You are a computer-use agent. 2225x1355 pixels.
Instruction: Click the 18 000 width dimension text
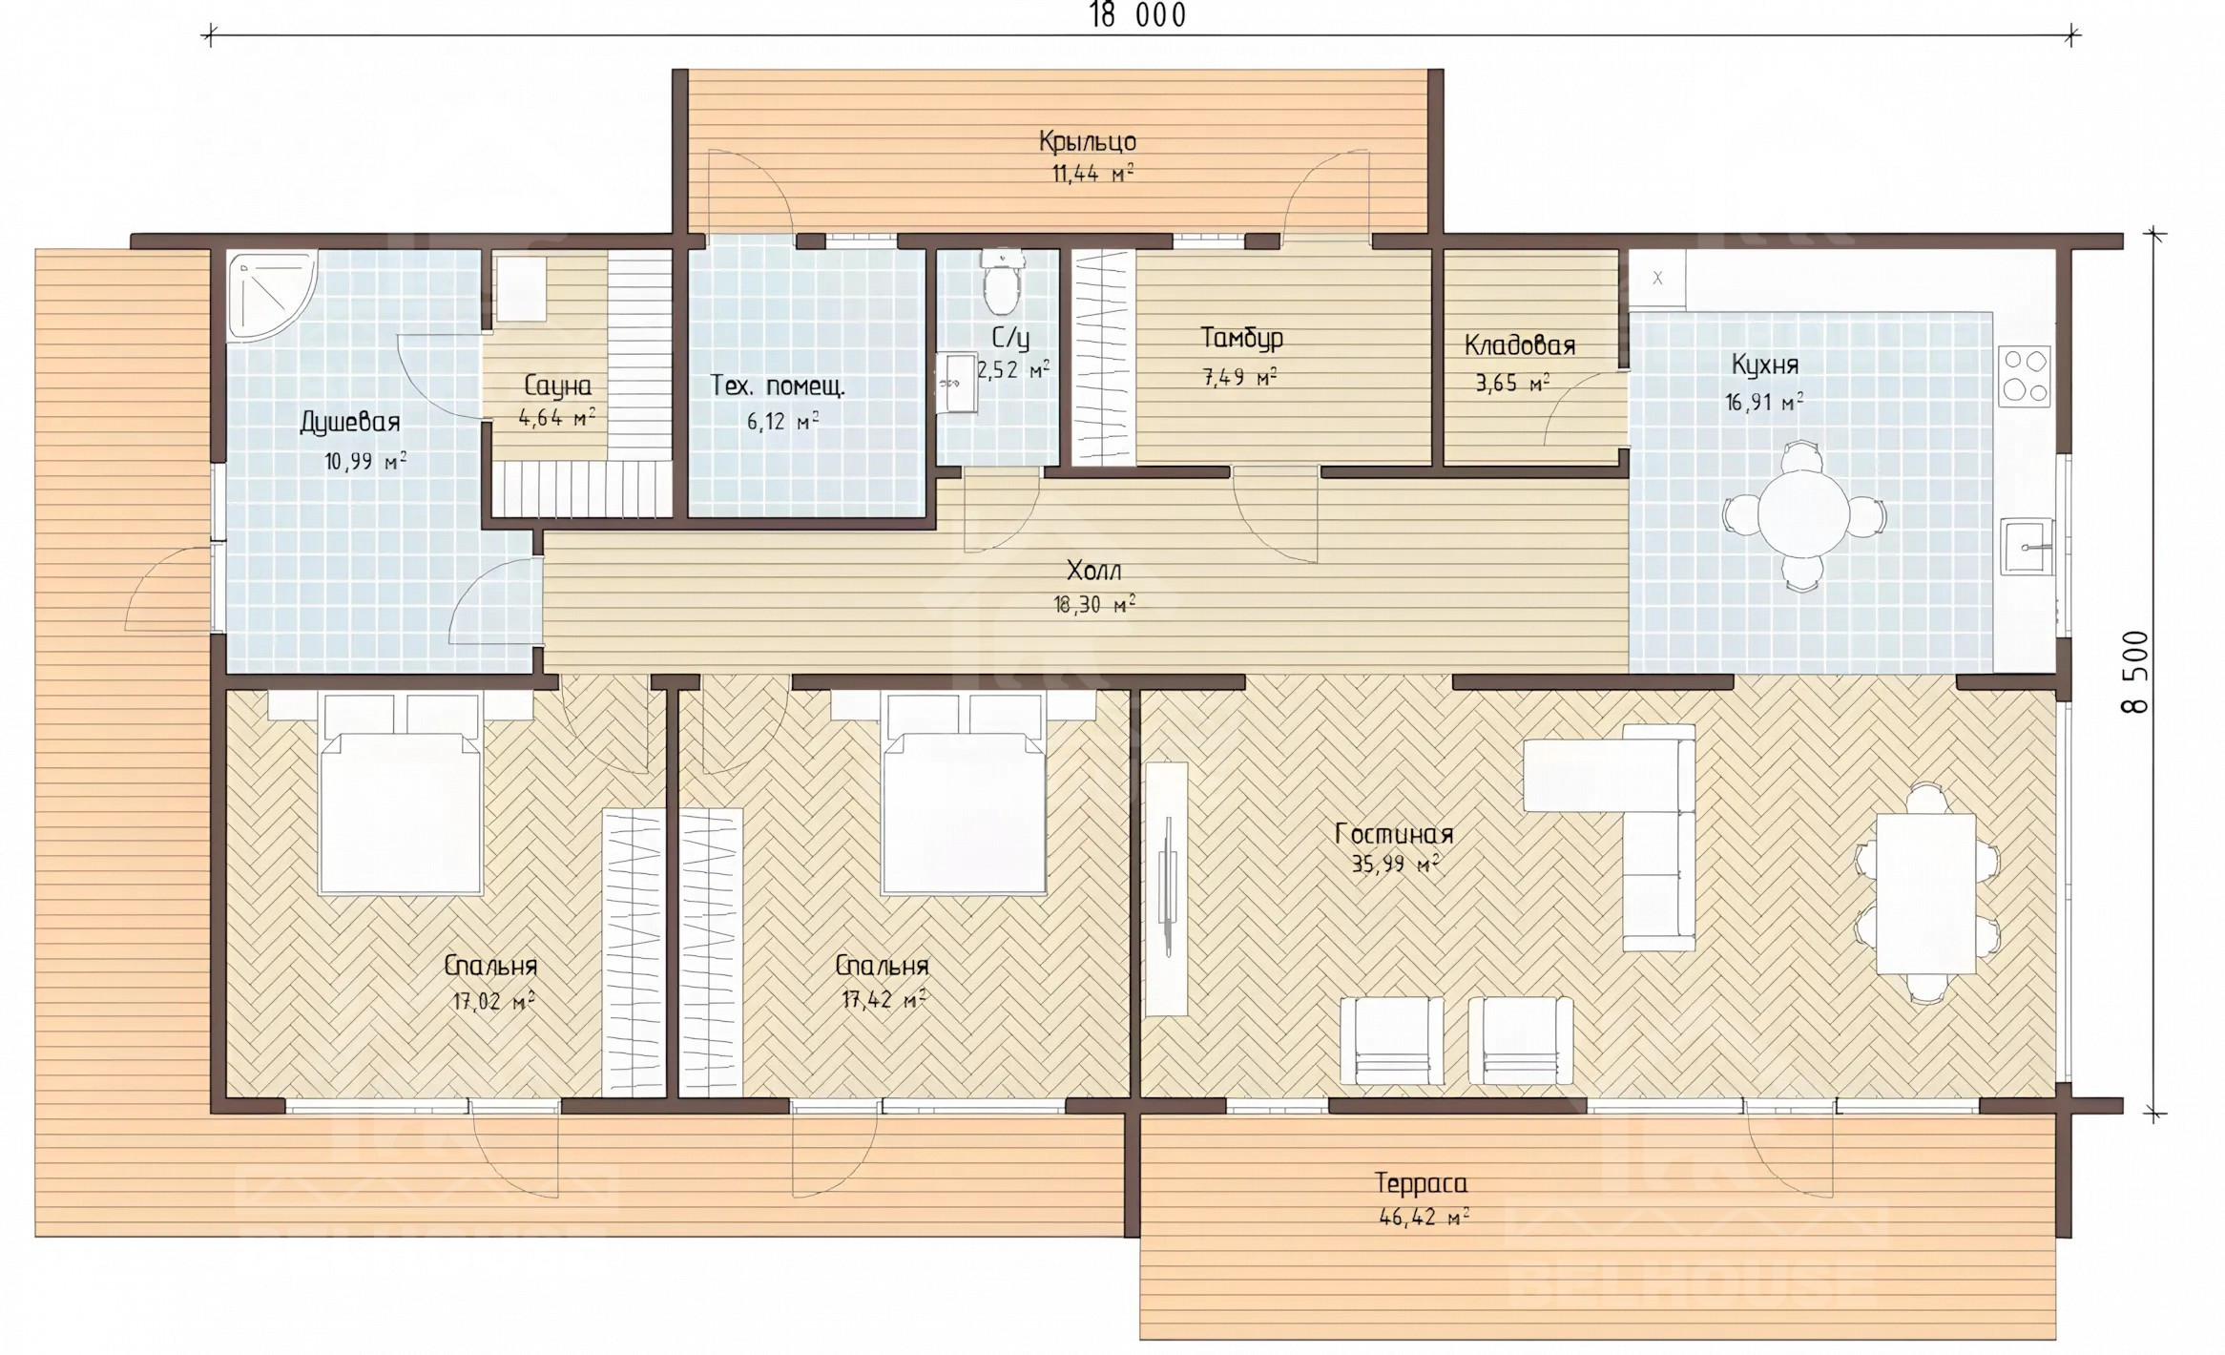pos(1137,15)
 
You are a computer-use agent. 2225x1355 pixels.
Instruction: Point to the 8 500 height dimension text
pos(2135,672)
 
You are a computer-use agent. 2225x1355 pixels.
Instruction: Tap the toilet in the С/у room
pos(1000,283)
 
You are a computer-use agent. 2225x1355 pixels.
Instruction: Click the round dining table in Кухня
pos(1802,515)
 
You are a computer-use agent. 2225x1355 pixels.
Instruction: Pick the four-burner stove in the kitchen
pos(2025,376)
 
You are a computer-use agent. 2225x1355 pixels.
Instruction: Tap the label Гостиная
pos(1394,834)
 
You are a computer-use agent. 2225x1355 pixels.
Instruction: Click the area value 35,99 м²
pos(1395,865)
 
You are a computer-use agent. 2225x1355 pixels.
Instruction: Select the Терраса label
pos(1421,1183)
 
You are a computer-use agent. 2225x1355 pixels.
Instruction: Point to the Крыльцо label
pos(1088,142)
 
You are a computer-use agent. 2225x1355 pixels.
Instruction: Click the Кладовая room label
pos(1519,344)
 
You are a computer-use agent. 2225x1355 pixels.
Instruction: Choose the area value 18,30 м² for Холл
pos(1094,603)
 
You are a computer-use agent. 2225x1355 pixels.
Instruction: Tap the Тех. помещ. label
pos(778,386)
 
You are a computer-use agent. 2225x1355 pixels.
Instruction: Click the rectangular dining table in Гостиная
pos(1925,893)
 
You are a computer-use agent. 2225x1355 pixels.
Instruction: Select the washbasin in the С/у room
pos(957,384)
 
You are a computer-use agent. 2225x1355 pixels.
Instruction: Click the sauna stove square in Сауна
pos(520,289)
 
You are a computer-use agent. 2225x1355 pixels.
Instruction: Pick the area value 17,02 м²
pos(492,1001)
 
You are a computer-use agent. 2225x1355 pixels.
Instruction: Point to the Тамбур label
pos(1241,338)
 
